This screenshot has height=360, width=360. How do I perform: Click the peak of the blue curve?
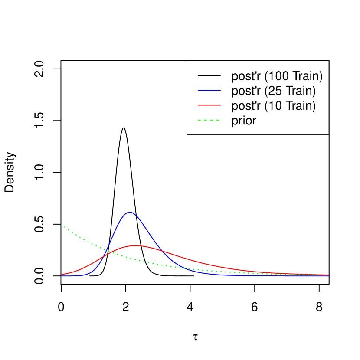point(129,212)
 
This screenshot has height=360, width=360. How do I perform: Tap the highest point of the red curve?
point(136,245)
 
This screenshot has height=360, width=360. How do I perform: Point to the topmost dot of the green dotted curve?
point(61,224)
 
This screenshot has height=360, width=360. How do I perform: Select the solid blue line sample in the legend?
point(209,90)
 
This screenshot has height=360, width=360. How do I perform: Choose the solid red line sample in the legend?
point(209,105)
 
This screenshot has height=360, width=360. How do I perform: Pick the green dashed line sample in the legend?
point(209,120)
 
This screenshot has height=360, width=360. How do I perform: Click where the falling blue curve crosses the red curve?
point(161,250)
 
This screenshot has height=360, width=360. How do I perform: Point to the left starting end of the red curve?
point(61,275)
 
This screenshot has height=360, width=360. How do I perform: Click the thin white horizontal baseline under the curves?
point(195,276)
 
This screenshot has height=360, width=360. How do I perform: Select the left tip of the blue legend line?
point(198,90)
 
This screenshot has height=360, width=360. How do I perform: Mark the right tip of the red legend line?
point(220,105)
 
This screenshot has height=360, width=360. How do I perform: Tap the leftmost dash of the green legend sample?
point(200,120)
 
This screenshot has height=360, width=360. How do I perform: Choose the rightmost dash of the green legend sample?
point(217,120)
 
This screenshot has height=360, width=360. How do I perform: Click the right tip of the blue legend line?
point(220,90)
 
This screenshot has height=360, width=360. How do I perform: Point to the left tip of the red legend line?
point(198,105)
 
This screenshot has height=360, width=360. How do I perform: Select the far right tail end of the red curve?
point(329,275)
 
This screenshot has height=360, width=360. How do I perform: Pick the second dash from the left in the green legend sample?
point(206,120)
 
